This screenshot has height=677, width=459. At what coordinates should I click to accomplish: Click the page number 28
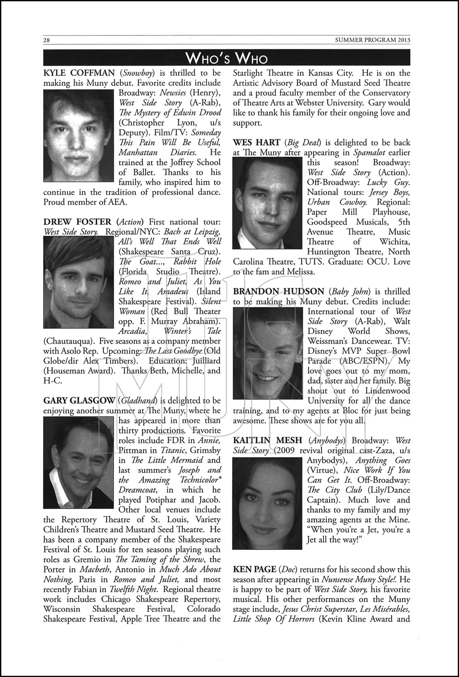point(46,40)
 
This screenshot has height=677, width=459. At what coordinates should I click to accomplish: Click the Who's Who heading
point(226,58)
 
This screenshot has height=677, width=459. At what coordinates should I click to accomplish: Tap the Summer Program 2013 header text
point(373,40)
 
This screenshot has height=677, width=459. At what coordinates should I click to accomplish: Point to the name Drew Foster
point(77,222)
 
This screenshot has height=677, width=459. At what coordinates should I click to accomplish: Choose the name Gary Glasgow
point(79,401)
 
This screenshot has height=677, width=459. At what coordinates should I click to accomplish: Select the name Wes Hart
point(257,143)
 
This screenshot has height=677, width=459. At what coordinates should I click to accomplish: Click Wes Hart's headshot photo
point(268,203)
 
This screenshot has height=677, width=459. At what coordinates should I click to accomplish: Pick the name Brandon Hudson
point(278,292)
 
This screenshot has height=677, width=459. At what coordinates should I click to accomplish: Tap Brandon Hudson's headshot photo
point(268,353)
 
